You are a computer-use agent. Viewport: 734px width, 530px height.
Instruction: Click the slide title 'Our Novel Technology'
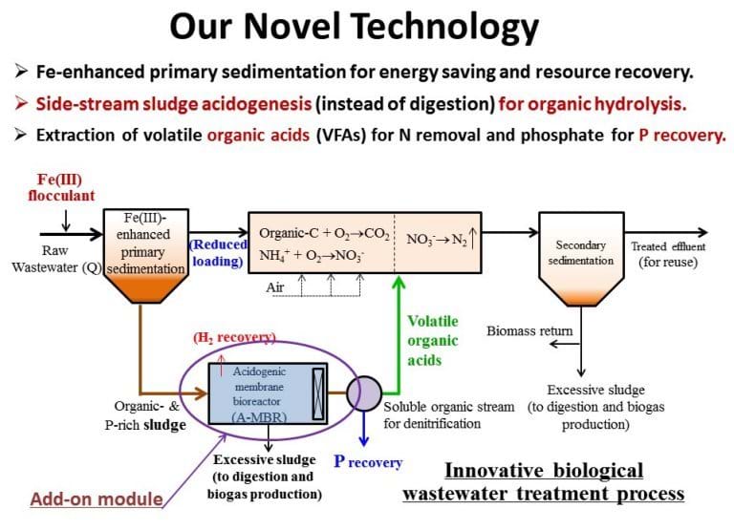pos(354,27)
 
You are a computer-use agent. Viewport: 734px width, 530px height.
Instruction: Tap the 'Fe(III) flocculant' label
pos(61,187)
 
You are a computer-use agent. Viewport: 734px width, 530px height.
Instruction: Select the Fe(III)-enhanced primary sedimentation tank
pos(145,255)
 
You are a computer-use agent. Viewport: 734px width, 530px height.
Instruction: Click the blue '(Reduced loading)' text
pos(218,253)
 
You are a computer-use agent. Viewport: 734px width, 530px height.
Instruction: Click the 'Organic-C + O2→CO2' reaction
pos(324,233)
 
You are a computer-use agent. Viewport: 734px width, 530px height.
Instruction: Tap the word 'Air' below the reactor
pos(275,286)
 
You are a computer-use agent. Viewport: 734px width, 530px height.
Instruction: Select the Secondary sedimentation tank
pos(581,259)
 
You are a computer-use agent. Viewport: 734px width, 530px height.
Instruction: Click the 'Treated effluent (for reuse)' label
pos(668,254)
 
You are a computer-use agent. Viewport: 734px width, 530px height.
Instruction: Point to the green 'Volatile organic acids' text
pos(433,341)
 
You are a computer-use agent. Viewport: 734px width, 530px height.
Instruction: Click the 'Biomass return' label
pos(529,330)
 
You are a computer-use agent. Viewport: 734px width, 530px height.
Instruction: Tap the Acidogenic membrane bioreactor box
pos(268,393)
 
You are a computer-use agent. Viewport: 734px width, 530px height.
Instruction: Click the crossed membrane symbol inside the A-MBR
pos(318,393)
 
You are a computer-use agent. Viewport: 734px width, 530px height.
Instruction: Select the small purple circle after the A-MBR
pos(364,393)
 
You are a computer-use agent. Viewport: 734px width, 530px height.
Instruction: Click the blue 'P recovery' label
pos(368,461)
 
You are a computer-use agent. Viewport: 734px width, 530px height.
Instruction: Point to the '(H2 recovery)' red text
pos(234,337)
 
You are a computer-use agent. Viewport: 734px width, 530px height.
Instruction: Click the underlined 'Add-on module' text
pos(97,498)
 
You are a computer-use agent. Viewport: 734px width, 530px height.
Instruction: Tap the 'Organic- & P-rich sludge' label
pos(146,414)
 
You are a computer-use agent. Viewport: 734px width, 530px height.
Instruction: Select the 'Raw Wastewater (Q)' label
pos(56,259)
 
